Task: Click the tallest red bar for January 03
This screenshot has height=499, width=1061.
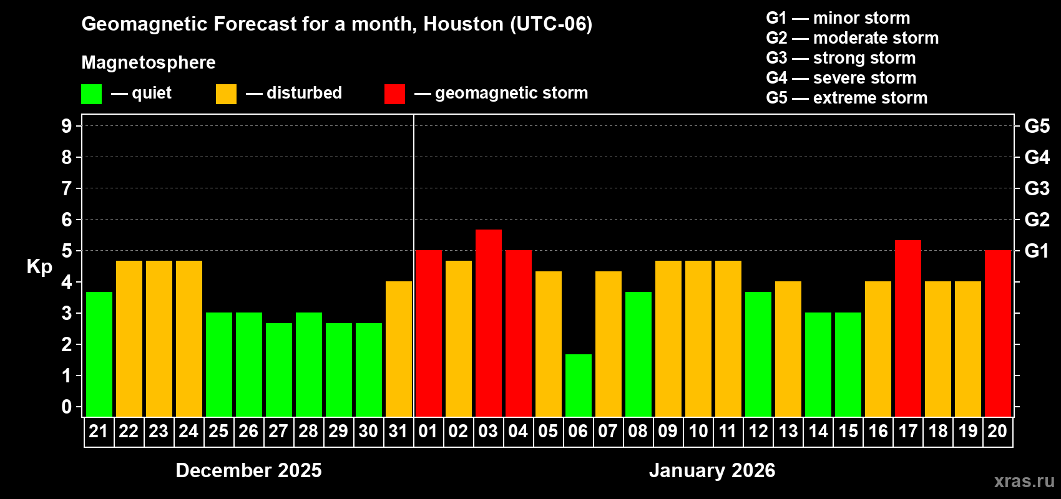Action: [489, 322]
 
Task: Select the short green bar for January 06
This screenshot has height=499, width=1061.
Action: [579, 385]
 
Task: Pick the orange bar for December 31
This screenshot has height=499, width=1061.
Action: [399, 349]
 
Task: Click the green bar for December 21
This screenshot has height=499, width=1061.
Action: [99, 354]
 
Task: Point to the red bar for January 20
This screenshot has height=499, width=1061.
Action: [998, 333]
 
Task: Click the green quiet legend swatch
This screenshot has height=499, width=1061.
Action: [92, 94]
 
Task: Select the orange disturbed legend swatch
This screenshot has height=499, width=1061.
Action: [226, 94]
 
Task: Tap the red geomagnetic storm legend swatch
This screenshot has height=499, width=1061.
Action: [394, 94]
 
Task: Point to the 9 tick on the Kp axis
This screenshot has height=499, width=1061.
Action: [67, 126]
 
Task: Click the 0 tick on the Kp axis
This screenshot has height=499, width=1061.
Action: [67, 407]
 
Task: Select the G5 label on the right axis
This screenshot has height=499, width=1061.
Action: [1037, 126]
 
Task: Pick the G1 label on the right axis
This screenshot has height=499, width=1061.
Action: [1037, 251]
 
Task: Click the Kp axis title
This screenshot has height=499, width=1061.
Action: [39, 266]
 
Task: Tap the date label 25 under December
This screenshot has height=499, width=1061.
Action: [218, 431]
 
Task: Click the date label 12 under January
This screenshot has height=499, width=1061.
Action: [758, 431]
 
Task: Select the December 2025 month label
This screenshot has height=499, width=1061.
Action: [248, 470]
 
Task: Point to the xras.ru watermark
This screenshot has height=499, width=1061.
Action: [1024, 481]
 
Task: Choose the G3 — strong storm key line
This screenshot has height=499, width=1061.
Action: [841, 58]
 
